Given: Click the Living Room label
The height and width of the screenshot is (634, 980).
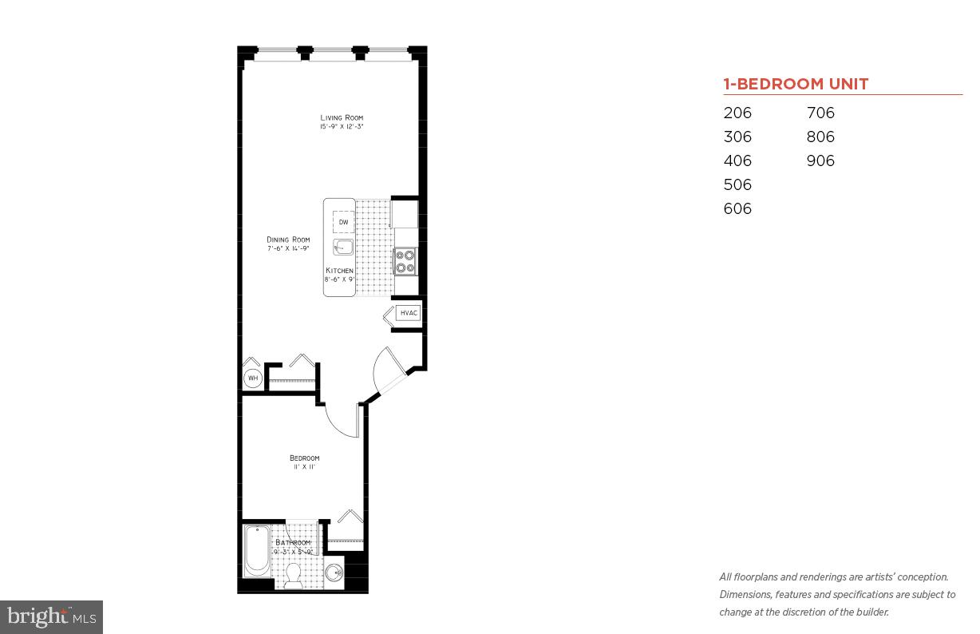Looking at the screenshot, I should pyautogui.click(x=342, y=118).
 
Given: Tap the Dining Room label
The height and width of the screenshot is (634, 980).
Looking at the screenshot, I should pyautogui.click(x=288, y=240).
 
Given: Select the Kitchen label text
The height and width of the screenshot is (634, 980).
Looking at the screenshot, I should pyautogui.click(x=339, y=271).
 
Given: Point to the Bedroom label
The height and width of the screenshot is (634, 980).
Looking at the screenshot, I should pyautogui.click(x=304, y=458).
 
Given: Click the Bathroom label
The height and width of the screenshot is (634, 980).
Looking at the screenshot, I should pyautogui.click(x=292, y=543).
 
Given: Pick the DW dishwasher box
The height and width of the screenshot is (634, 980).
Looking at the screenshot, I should pyautogui.click(x=343, y=222).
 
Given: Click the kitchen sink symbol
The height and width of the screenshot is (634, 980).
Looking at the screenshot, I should pyautogui.click(x=343, y=247).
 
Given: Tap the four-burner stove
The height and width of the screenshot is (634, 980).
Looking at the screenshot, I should pyautogui.click(x=405, y=261).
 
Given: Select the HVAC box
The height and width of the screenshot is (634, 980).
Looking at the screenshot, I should pyautogui.click(x=409, y=313).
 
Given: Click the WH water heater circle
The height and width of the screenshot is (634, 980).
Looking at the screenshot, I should pyautogui.click(x=252, y=378).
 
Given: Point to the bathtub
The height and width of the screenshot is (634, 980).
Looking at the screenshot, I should pyautogui.click(x=257, y=550).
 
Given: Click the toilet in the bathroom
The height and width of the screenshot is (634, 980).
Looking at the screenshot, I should pyautogui.click(x=293, y=574).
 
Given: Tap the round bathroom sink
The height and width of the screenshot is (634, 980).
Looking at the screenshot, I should pyautogui.click(x=334, y=573).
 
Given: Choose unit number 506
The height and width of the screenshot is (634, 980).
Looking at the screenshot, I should pyautogui.click(x=737, y=184).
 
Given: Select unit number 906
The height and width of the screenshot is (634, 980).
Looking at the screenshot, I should pyautogui.click(x=820, y=160).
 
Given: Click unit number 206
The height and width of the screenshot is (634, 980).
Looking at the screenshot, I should pyautogui.click(x=737, y=113).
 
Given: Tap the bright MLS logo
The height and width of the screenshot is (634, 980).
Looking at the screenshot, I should pyautogui.click(x=52, y=616).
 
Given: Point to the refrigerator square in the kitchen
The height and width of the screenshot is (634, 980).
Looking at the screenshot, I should pyautogui.click(x=404, y=214).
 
